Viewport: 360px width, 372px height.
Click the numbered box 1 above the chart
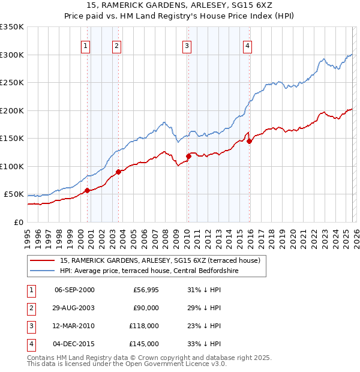[x=86, y=46]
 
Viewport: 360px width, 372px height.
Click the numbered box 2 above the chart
[x=116, y=46]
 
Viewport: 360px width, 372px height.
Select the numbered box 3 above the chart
[x=187, y=46]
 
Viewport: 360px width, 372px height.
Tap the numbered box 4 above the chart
[x=247, y=46]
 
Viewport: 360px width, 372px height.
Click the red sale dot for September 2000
[x=87, y=190]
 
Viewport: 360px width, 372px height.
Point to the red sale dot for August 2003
[x=118, y=172]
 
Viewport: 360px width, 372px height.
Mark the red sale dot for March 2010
[x=188, y=156]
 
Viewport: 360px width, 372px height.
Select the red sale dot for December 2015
[x=249, y=141]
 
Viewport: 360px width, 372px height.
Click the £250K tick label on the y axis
[x=12, y=83]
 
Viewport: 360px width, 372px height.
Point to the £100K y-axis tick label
[x=12, y=166]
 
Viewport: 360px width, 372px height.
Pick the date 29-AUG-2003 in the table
[x=74, y=308]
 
